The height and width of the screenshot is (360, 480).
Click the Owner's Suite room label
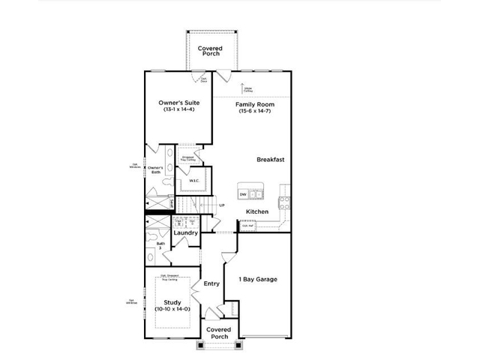[178, 102]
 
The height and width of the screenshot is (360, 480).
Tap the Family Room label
[253, 103]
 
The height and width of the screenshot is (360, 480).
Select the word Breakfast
[270, 159]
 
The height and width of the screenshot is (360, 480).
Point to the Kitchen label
[257, 211]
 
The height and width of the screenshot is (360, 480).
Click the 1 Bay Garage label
[257, 280]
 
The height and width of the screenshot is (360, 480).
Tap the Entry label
[211, 283]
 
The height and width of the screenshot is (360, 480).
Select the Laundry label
[185, 233]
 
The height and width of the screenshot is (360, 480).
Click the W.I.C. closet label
[193, 181]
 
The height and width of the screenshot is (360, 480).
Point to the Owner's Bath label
[156, 169]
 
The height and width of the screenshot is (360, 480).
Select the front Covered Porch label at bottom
[218, 332]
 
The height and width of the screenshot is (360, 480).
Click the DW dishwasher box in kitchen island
[243, 195]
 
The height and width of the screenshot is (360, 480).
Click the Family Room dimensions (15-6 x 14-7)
[253, 111]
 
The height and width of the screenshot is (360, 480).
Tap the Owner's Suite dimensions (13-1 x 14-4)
[178, 109]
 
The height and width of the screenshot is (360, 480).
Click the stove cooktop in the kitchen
[285, 201]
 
